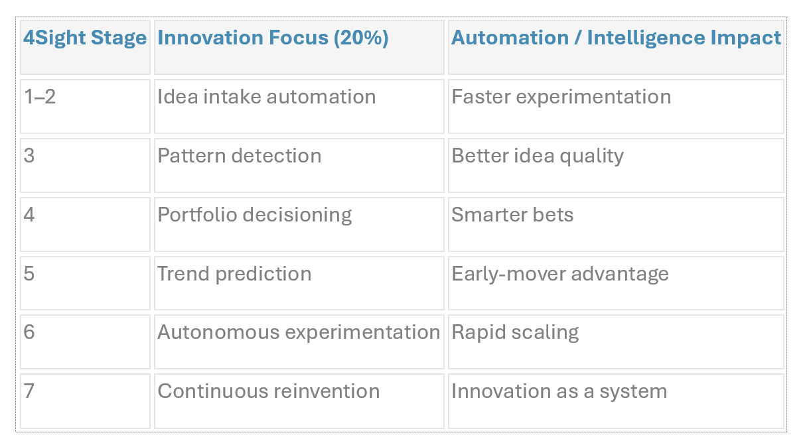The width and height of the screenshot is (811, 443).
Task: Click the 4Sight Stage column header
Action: coord(85,38)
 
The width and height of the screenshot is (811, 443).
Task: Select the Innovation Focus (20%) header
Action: coord(273,38)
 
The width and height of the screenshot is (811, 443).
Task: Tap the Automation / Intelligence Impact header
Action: coord(616,38)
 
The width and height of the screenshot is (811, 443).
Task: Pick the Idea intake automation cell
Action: coord(267,97)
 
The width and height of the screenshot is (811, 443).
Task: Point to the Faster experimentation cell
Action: coord(561,97)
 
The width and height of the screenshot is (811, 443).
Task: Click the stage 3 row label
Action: coord(29,156)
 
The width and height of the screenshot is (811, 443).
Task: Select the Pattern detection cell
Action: coord(240,156)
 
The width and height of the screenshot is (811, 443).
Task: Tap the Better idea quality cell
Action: coord(538,156)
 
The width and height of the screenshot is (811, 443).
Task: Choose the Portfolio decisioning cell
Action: coord(255,215)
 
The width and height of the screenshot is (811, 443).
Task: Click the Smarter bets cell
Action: coord(512,215)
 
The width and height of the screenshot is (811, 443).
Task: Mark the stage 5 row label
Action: coord(29,274)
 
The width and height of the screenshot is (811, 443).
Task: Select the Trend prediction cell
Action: coord(234,274)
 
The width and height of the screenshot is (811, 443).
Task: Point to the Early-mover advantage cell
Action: coord(560,274)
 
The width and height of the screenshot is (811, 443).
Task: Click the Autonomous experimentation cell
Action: coord(299,332)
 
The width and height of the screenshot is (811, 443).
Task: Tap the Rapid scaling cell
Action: coord(515,332)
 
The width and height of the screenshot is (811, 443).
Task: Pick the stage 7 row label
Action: coord(29,391)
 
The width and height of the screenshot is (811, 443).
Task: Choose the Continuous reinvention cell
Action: coord(269,391)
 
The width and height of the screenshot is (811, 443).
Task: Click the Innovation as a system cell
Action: coord(559,391)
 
